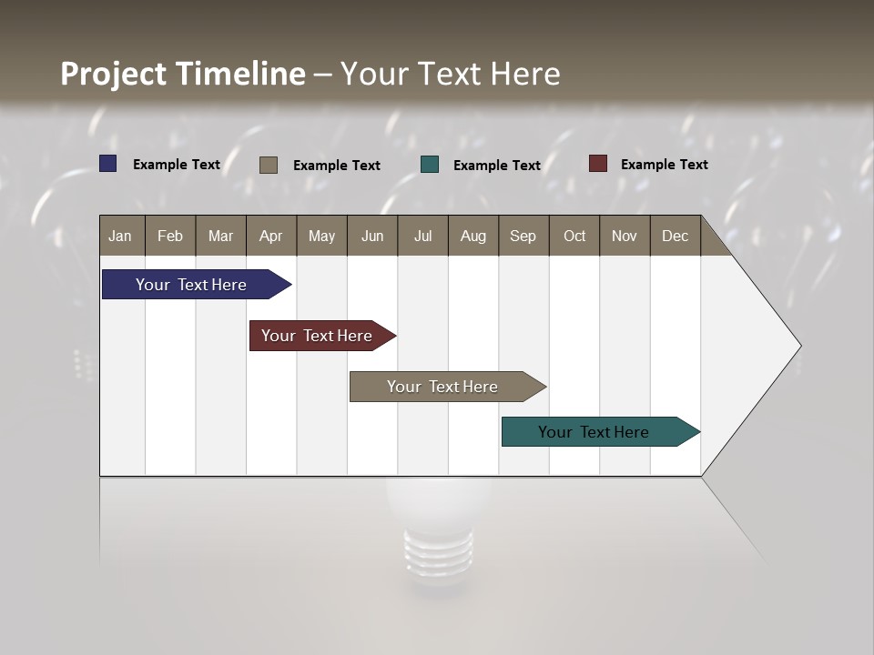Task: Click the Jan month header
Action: (120, 236)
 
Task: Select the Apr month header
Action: (271, 236)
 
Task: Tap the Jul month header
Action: (422, 236)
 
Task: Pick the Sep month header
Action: (523, 236)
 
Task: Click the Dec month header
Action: (675, 236)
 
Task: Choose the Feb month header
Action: (170, 236)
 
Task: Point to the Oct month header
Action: (574, 236)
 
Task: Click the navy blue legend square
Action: (108, 164)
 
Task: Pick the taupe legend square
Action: (269, 165)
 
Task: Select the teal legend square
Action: (430, 165)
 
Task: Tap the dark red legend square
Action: (597, 164)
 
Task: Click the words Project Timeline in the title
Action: (183, 74)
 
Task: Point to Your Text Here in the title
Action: (451, 74)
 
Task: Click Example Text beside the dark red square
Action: (664, 165)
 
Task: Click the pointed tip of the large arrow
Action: (798, 346)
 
